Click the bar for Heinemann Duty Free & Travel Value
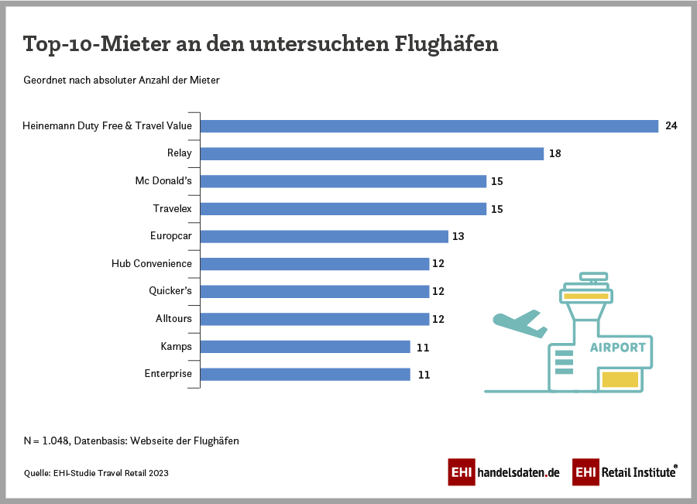click(429, 126)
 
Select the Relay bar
click(372, 153)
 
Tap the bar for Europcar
click(324, 236)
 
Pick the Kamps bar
click(305, 347)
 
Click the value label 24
click(671, 126)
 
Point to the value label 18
click(555, 153)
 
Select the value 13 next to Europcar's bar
click(458, 236)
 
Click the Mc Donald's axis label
click(163, 181)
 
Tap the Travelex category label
click(172, 208)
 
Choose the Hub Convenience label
click(152, 263)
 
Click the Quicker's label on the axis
click(170, 291)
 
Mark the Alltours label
click(173, 318)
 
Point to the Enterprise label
click(168, 374)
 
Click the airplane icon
click(517, 323)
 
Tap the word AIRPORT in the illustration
click(617, 348)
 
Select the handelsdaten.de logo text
click(518, 471)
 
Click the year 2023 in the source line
click(158, 472)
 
